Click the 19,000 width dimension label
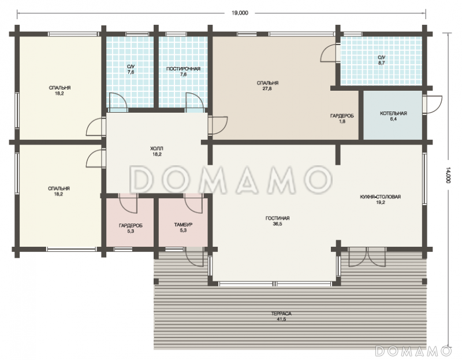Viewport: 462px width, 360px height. click(240, 13)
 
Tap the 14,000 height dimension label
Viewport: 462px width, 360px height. click(448, 176)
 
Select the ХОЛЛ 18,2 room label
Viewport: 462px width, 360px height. click(157, 151)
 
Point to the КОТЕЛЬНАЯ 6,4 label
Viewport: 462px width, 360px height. click(393, 116)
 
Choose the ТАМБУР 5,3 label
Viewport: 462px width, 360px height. click(183, 227)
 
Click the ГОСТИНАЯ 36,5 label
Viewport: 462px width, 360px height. click(277, 221)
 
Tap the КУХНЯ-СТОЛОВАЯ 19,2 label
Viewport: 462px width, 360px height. click(381, 199)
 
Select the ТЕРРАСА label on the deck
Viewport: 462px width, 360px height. click(281, 313)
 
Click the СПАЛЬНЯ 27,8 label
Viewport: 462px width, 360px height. click(267, 86)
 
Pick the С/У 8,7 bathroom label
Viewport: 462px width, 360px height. click(381, 60)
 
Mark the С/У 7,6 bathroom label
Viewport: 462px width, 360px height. click(131, 69)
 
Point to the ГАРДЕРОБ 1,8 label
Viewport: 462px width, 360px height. click(342, 118)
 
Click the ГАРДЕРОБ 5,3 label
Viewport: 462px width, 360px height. click(131, 228)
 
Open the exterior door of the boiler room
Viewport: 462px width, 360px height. click(432, 105)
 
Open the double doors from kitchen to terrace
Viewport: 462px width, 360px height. click(367, 257)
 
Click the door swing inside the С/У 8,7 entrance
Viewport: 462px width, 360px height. click(330, 53)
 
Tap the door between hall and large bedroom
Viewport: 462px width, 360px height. click(218, 126)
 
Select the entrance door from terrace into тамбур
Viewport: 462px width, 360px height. click(194, 257)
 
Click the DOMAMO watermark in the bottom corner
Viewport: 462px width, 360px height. click(413, 351)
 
